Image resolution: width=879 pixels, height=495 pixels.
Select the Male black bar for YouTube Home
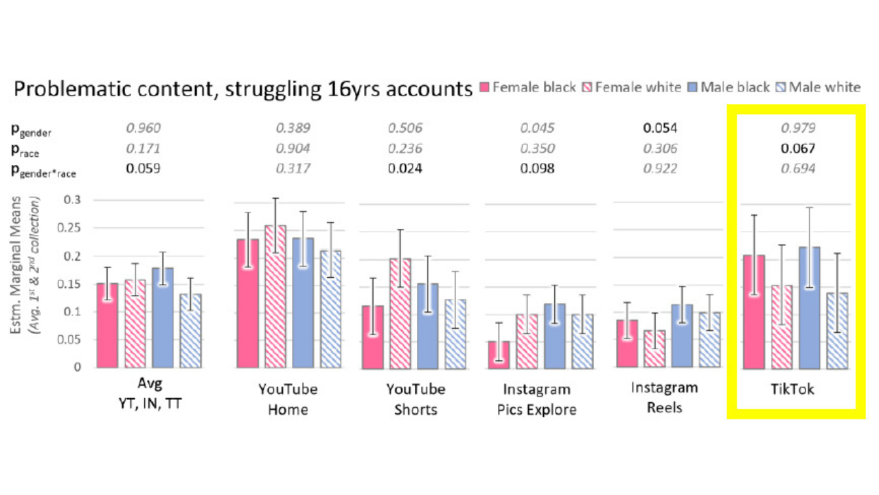point(303,302)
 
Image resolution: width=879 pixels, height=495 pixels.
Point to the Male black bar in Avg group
point(163,317)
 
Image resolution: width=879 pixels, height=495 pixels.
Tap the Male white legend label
point(823,87)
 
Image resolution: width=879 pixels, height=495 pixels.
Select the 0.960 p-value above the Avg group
point(143,128)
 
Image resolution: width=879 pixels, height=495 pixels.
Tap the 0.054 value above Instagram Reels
point(660,128)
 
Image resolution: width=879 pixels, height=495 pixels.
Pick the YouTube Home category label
point(288,399)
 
